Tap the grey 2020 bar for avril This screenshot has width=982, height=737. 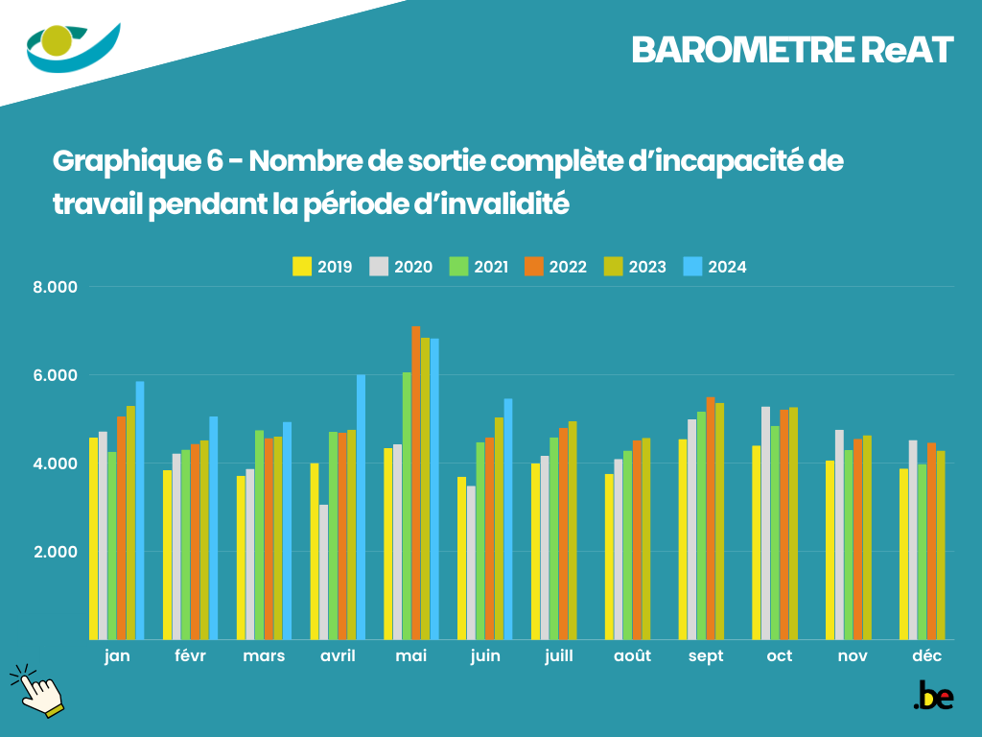pos(324,572)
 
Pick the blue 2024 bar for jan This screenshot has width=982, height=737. pos(140,510)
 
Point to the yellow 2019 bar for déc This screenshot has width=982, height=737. pos(904,554)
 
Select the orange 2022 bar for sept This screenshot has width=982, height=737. pos(711,518)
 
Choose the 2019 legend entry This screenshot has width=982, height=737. pos(323,267)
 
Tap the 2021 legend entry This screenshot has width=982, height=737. pos(479,267)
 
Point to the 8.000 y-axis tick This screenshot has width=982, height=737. pos(56,287)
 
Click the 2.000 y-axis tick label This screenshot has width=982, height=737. pos(56,552)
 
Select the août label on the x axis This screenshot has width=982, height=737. pos(632,656)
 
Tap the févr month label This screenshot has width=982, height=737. pos(190,656)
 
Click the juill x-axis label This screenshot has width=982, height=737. pos(558,656)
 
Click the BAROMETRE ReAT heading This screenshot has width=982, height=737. pos(792,51)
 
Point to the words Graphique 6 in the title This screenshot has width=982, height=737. pos(143,160)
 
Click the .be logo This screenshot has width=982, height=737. pos(933,696)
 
